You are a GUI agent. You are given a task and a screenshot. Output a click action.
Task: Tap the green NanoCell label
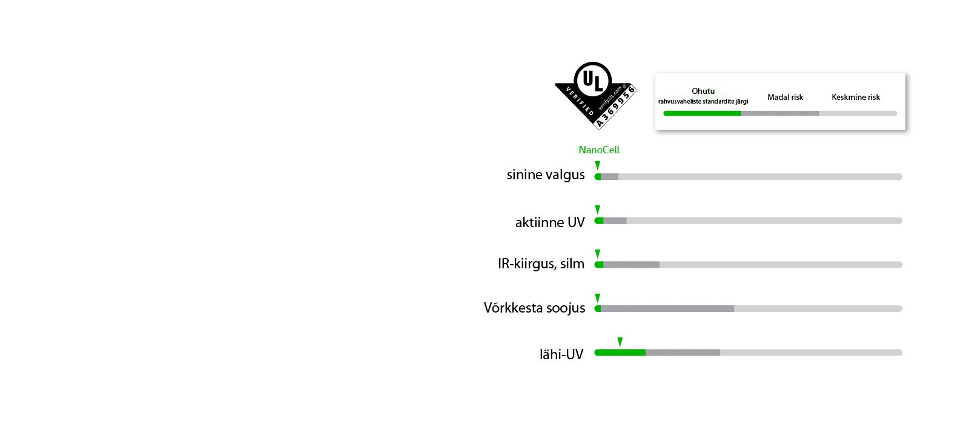[598, 150]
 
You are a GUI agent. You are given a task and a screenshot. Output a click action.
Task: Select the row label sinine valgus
[546, 174]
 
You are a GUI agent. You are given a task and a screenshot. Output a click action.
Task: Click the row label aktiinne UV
[550, 222]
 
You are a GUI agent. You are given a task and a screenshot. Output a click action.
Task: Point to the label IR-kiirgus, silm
[541, 263]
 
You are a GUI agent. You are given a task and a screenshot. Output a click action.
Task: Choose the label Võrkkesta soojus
[534, 308]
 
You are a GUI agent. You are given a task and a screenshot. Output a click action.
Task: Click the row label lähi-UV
[561, 354]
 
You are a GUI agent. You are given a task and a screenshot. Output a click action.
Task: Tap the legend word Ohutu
[703, 91]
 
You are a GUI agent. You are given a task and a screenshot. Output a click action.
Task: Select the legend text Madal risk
[785, 97]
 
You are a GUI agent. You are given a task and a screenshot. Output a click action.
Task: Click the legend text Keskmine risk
[855, 97]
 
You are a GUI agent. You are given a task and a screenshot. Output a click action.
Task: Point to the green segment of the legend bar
[703, 113]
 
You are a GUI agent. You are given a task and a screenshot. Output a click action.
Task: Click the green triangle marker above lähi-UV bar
[620, 342]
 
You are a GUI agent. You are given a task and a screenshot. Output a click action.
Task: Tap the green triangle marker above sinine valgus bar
[597, 165]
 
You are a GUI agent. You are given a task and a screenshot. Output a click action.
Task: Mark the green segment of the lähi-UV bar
[620, 353]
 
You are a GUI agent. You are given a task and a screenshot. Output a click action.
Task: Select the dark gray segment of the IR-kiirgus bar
[631, 265]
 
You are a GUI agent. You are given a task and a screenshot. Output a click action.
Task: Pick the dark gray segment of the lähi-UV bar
[683, 353]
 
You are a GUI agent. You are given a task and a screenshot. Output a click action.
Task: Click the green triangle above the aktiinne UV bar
[597, 210]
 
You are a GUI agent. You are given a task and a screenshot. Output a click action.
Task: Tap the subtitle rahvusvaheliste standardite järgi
[703, 102]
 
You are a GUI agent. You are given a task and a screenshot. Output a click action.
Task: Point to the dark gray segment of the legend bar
[780, 113]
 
